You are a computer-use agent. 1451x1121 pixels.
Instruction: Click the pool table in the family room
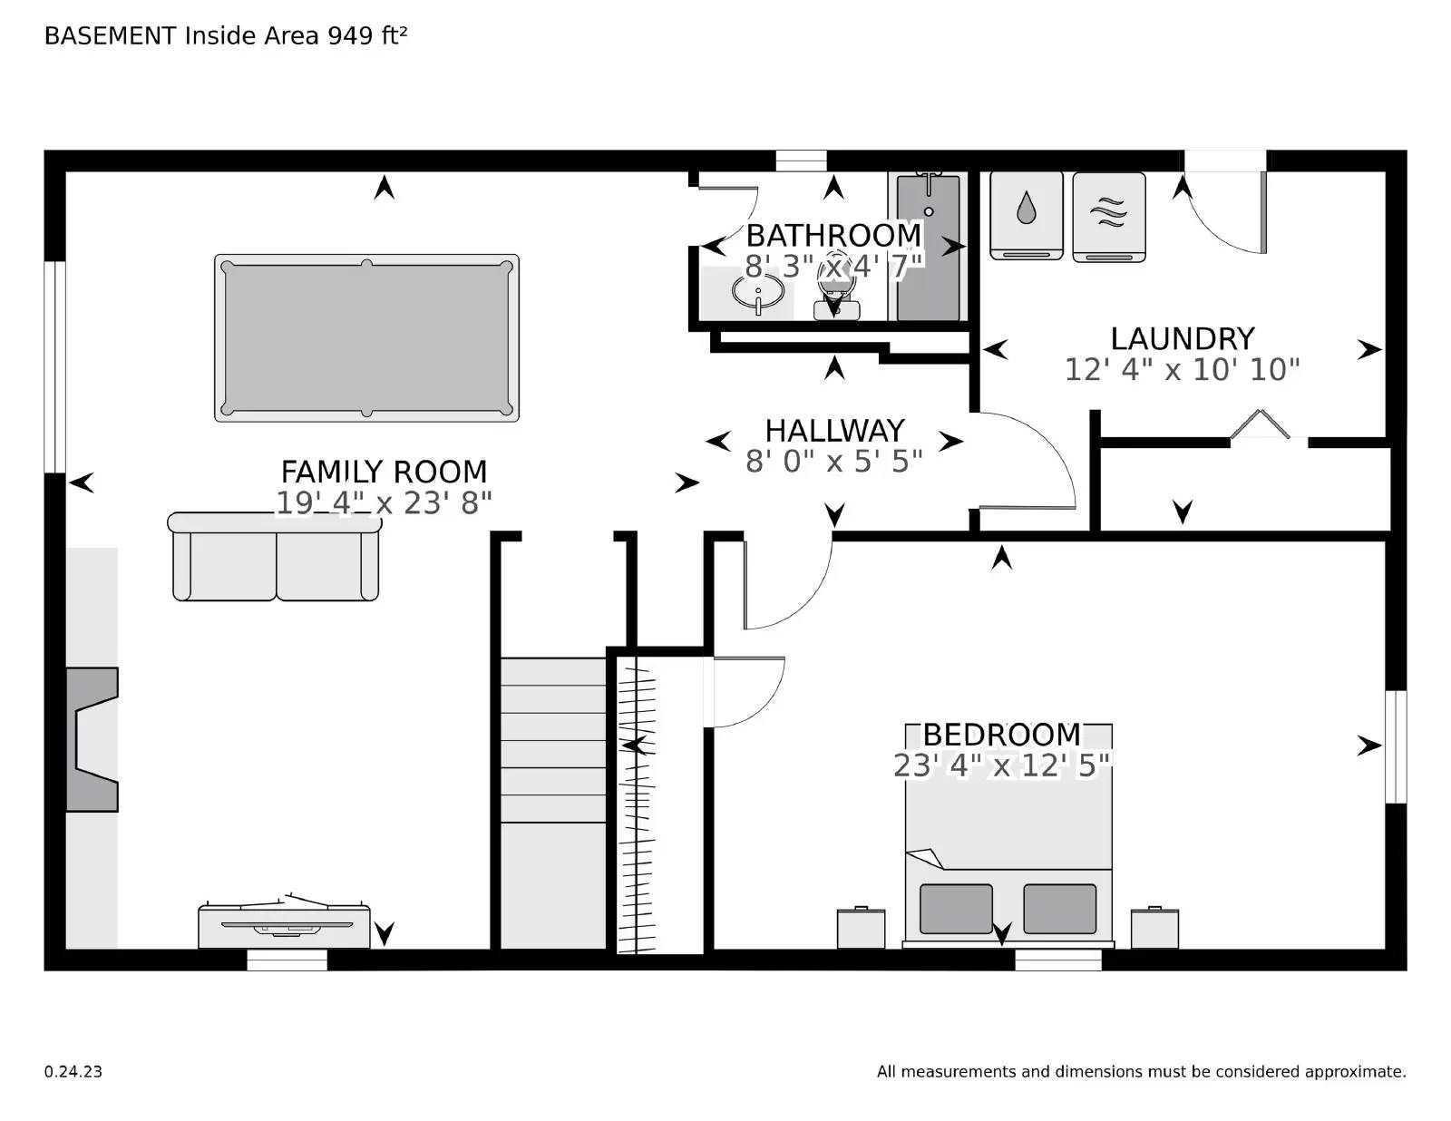click(366, 337)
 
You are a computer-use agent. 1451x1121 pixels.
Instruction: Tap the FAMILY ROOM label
click(384, 472)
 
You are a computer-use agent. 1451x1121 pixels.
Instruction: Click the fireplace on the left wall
click(92, 739)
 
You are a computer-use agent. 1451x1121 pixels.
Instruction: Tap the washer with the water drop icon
click(1026, 214)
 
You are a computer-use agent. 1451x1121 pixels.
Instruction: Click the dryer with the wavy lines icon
click(1108, 216)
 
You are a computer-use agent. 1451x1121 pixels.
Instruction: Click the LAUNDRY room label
click(1182, 338)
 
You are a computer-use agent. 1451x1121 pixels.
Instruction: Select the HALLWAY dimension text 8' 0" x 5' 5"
click(833, 462)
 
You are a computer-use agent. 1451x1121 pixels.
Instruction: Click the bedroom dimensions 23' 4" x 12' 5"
click(1001, 766)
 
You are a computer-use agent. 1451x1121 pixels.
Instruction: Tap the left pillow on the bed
click(955, 909)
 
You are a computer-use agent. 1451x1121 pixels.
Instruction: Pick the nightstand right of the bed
click(1154, 928)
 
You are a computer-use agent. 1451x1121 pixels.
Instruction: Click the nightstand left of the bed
click(861, 928)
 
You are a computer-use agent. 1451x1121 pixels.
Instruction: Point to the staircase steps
click(553, 739)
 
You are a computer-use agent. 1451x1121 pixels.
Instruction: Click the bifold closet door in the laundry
click(1260, 424)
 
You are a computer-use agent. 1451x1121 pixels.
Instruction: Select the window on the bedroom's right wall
click(1396, 746)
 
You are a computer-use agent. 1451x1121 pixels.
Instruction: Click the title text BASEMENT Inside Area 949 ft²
click(226, 35)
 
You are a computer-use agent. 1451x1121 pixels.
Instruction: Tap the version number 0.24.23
click(73, 1071)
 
